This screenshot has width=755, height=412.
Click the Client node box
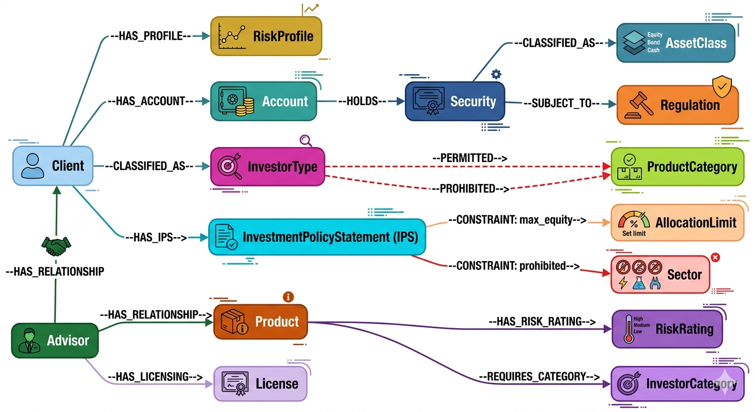point(53,166)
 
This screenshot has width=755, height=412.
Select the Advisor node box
point(55,340)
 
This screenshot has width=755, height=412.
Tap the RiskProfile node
point(266,36)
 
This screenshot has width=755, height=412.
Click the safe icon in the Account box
point(232,101)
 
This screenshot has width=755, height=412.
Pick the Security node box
point(455,101)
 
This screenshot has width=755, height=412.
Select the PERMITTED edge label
point(470,158)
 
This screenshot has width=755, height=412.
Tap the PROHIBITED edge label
point(470,188)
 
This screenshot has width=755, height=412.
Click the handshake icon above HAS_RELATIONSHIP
point(56,247)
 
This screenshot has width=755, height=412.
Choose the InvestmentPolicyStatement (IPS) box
point(316,237)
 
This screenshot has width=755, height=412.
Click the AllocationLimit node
point(678,222)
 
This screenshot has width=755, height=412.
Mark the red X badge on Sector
point(715,258)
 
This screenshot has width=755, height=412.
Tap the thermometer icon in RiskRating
point(627,329)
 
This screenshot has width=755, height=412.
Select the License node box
point(261,384)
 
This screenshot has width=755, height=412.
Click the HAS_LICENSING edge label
point(154,377)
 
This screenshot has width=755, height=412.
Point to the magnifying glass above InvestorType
point(306,141)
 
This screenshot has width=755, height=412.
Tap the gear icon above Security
point(496,74)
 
